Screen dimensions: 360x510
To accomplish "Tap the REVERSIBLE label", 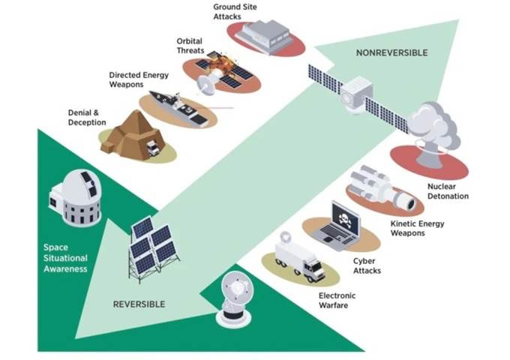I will [x=139, y=304].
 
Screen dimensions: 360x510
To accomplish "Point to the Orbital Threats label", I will [x=190, y=46].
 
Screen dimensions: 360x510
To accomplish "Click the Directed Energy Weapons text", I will [x=138, y=80].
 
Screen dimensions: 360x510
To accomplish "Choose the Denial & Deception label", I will [x=87, y=117].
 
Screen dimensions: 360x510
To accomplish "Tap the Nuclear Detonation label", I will [x=448, y=191].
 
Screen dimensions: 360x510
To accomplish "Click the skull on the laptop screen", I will [x=344, y=222].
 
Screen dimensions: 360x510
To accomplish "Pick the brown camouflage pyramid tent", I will [x=132, y=132].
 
